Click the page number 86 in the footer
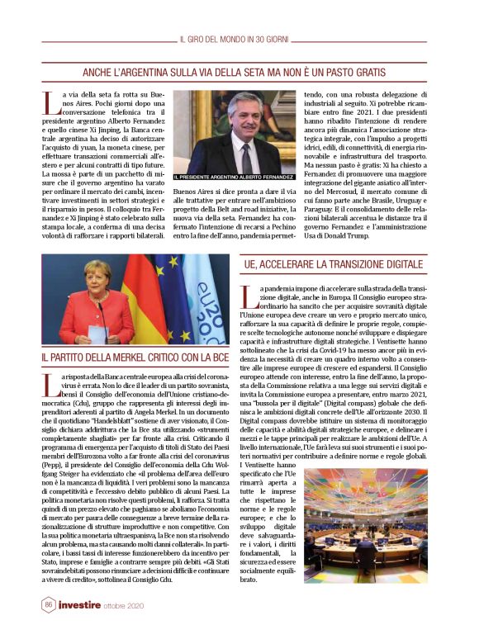coord(47,605)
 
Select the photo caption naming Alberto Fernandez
coord(234,177)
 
